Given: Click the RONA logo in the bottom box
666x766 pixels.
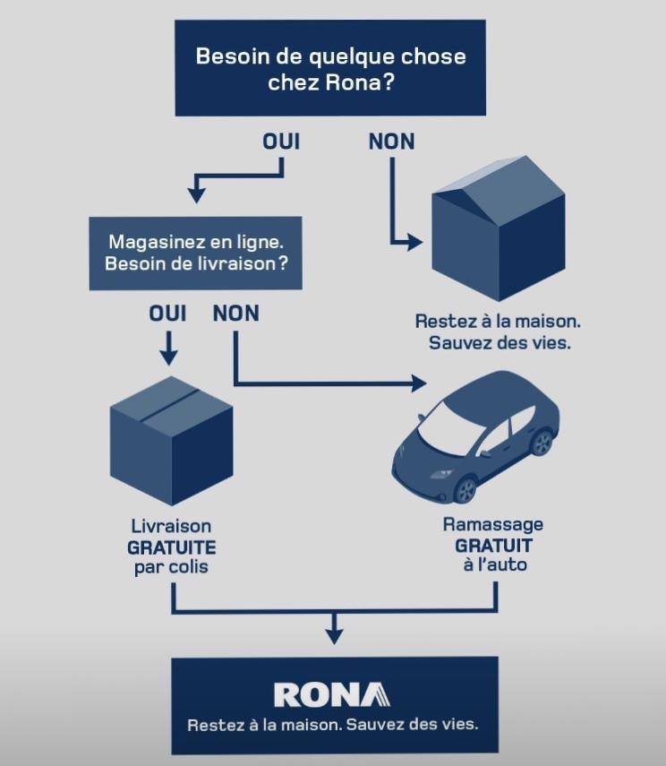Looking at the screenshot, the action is pos(332,694).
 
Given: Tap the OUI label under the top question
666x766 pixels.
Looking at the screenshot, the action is pos(281,142).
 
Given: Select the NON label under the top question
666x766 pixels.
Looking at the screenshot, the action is pos(391,142).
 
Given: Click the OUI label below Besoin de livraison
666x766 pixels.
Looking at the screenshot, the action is pos(167,314).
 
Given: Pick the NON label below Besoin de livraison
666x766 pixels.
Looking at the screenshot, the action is pos(235,314).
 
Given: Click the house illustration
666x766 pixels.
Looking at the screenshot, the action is pos(499,228).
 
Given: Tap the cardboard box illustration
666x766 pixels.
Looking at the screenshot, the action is pos(171,441).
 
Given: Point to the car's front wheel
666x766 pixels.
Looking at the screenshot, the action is pos(465,490).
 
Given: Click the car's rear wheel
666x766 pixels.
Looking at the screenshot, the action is pos(542,442).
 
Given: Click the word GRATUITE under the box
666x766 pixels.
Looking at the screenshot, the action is pos(171,547).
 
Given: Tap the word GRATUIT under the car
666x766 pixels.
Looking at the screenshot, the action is pos(493,546).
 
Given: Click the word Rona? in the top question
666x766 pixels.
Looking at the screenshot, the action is pos(360,82).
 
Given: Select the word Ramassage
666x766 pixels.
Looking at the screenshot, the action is pos(493,525).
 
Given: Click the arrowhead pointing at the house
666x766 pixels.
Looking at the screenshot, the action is pos(415,242).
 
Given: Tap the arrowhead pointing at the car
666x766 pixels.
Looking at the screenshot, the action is pos(419,383).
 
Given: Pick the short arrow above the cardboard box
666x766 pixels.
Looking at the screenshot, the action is pos(168,349).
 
